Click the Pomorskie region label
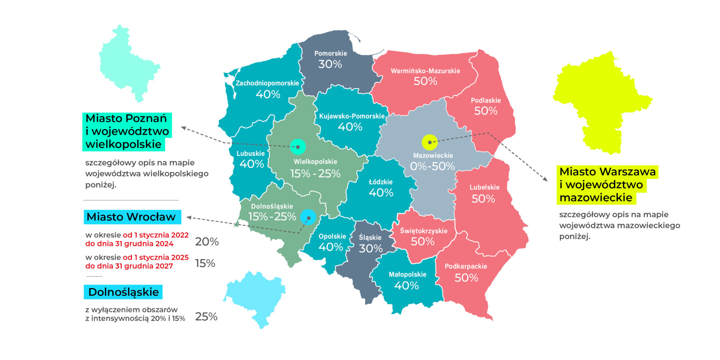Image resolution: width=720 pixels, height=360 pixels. coord(331,54)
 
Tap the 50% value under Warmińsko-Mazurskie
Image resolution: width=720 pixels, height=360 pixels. coord(425,81)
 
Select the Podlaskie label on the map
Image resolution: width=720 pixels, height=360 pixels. coord(486,100)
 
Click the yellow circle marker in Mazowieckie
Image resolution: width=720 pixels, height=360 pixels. coord(429,142)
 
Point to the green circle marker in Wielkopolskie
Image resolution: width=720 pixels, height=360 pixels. coord(298,147)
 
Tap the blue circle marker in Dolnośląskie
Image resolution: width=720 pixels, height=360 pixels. coord(308,217)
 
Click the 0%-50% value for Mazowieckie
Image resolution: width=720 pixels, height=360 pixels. coord(432,166)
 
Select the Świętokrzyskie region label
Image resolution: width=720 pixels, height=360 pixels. coord(424,231)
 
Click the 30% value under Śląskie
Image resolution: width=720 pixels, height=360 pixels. coord(371,249)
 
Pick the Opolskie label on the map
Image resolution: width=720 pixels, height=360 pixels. coord(332,237)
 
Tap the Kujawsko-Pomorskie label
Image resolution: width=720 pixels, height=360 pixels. coord(352,116)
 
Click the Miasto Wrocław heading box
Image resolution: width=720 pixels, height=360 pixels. coord(132,217)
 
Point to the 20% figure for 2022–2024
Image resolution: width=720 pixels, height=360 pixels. coord(207,242)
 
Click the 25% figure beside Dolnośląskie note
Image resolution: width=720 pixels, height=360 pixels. coord(206,317)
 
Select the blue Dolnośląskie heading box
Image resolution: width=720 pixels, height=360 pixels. coord(123,292)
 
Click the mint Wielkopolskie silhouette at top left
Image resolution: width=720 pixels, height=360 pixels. coord(129,62)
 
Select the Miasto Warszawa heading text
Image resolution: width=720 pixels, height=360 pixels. coord(607,172)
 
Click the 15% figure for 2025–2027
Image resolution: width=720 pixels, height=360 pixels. coord(205,263)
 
